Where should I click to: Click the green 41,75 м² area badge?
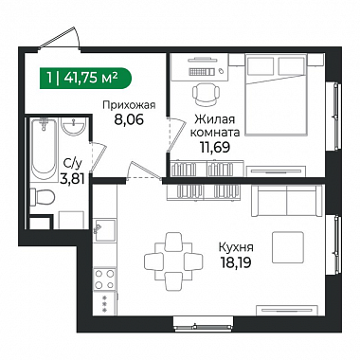[x=85, y=78]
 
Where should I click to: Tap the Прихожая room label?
[x=129, y=105]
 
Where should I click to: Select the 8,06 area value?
[x=129, y=119]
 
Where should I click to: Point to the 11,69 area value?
[x=214, y=147]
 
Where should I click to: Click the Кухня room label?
[x=236, y=247]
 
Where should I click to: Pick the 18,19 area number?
[x=236, y=262]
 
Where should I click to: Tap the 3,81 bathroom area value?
[x=72, y=179]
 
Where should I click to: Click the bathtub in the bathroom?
[x=44, y=150]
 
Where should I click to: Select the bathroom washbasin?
[x=73, y=127]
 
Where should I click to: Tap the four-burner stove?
[x=104, y=279]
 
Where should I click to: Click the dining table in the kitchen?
[x=173, y=261]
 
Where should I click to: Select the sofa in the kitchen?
[x=287, y=201]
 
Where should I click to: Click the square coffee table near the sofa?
[x=288, y=247]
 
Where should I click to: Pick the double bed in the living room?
[x=277, y=95]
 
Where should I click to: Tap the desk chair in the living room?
[x=206, y=94]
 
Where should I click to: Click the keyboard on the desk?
[x=202, y=72]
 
